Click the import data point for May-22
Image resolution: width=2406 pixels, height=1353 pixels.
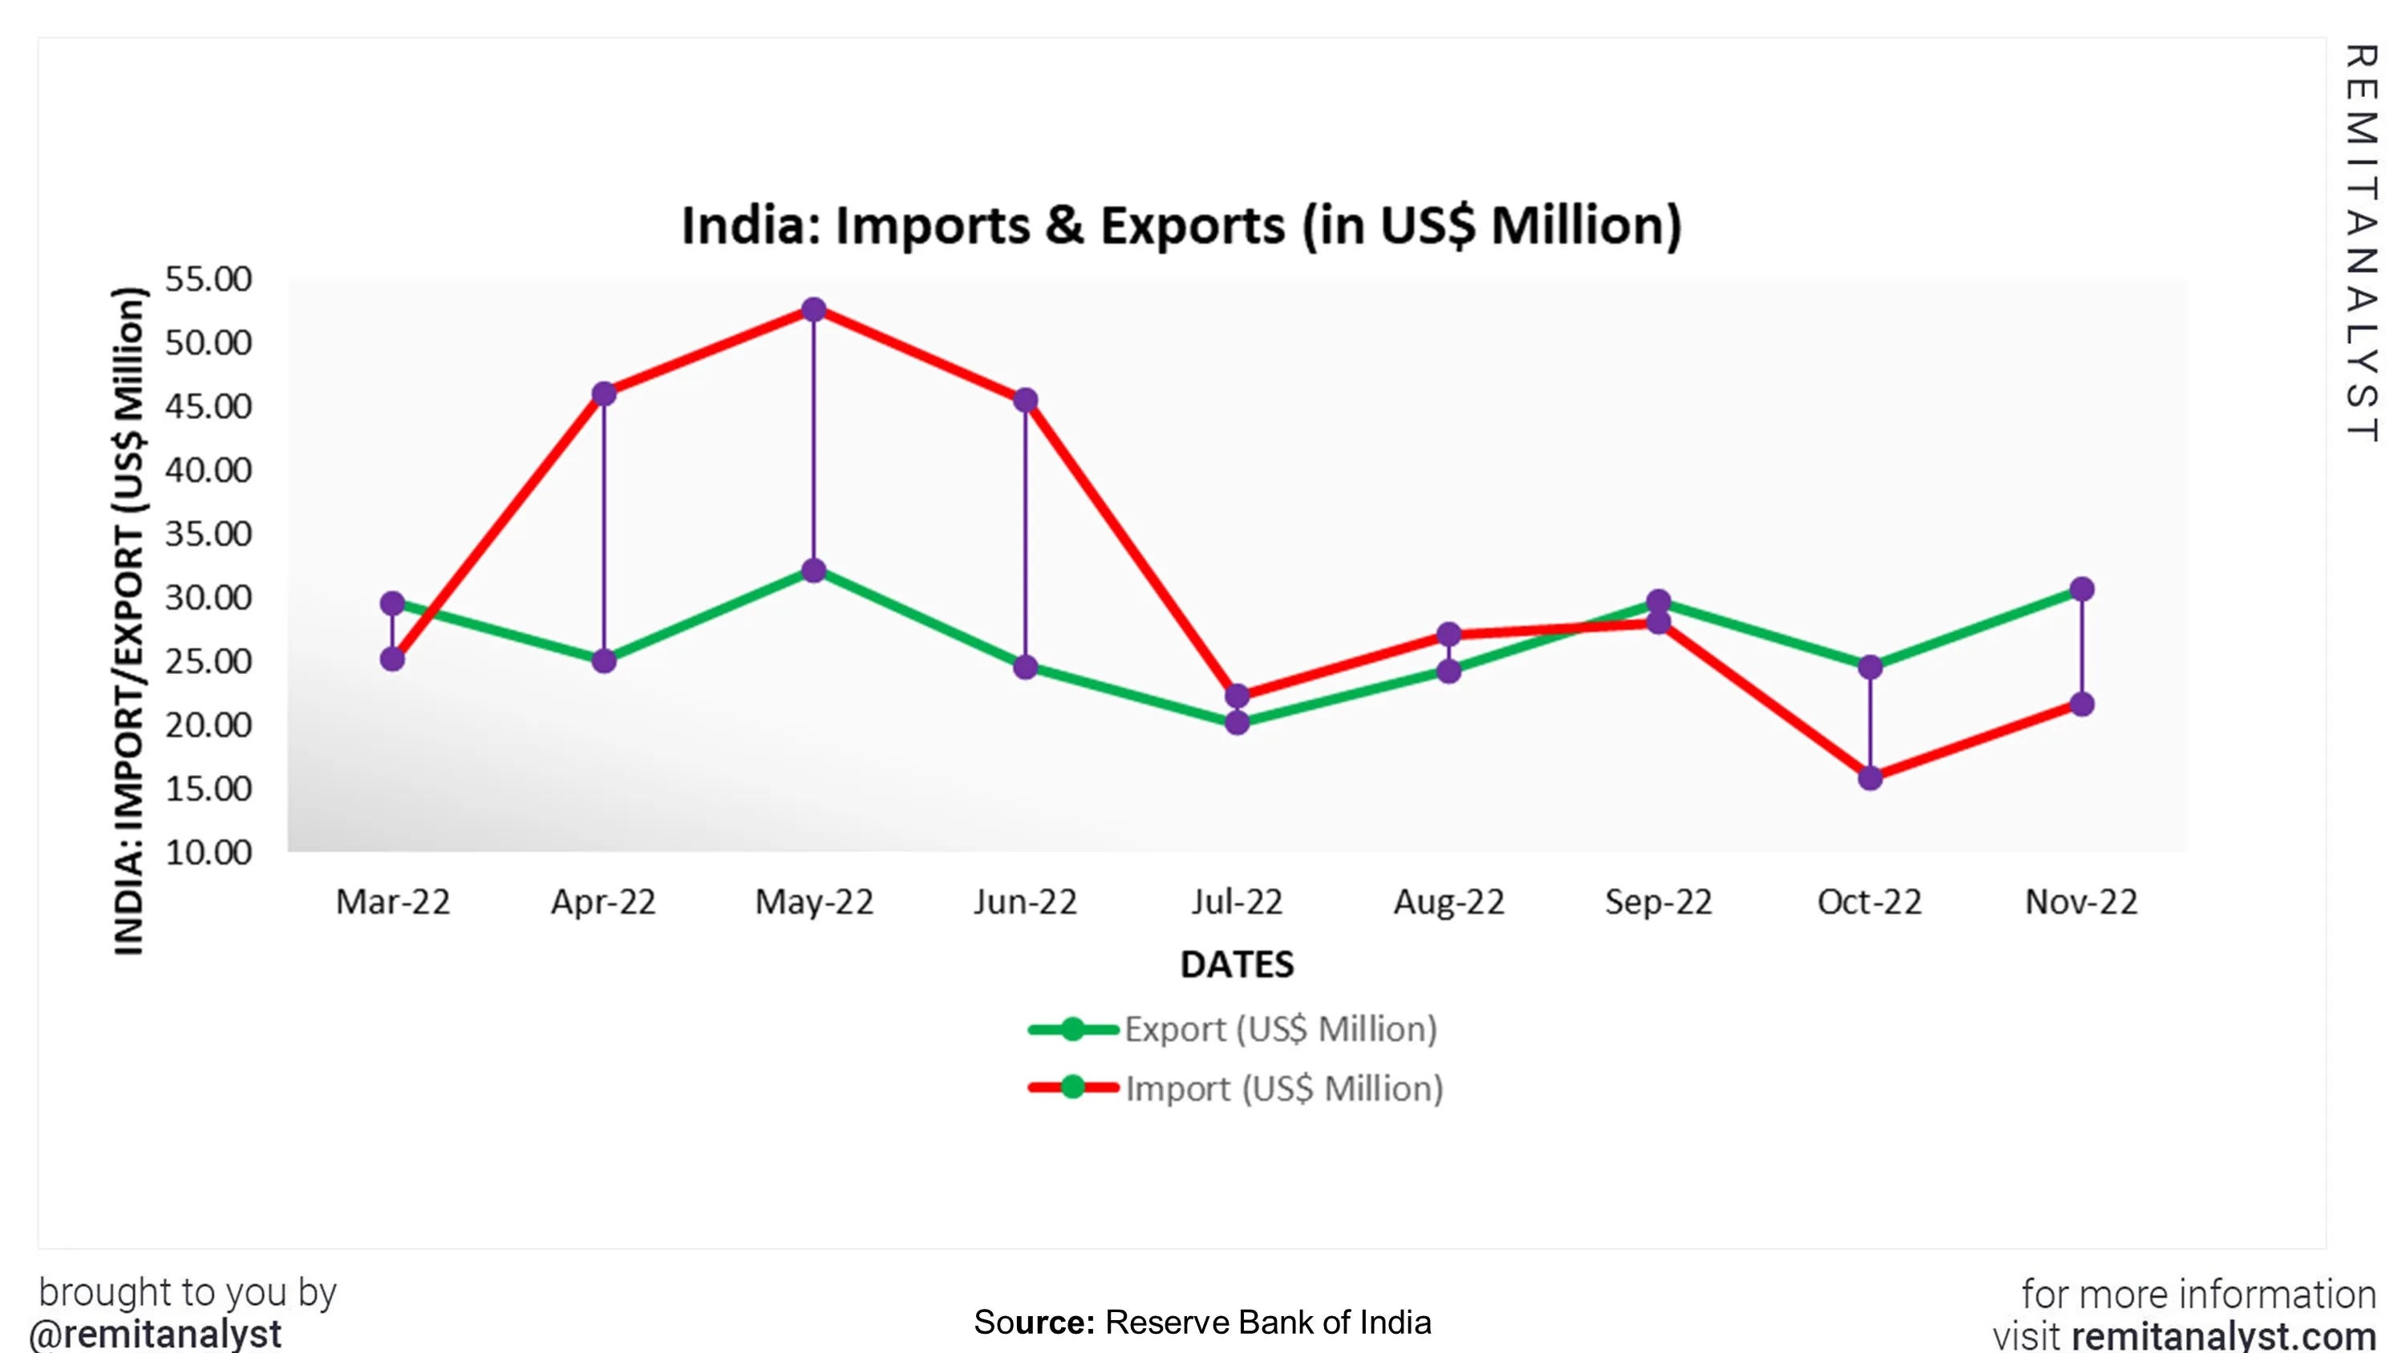coord(813,310)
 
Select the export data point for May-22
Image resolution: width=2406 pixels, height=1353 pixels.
coord(813,571)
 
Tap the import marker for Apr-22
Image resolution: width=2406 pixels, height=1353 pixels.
coord(604,394)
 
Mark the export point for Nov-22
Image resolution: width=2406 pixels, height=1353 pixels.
coord(2082,589)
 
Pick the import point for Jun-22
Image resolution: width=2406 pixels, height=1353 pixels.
coord(1026,401)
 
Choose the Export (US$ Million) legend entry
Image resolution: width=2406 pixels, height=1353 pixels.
coord(1279,1029)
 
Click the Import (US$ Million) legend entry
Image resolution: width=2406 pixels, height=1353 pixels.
coord(1283,1088)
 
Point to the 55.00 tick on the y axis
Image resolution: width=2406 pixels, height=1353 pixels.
coord(209,279)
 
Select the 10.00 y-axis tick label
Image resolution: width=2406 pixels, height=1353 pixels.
coord(209,853)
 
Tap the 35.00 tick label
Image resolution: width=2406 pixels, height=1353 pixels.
coord(209,534)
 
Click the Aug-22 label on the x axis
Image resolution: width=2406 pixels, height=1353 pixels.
coord(1448,902)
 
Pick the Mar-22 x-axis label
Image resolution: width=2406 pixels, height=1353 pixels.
coord(392,902)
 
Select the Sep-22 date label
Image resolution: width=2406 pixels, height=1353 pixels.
coord(1659,902)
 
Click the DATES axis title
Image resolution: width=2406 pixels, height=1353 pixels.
coord(1237,964)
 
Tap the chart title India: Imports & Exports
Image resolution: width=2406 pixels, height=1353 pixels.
coord(1181,226)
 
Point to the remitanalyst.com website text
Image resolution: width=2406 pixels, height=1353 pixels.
coord(2224,1336)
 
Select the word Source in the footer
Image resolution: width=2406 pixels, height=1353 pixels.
coord(1033,1323)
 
